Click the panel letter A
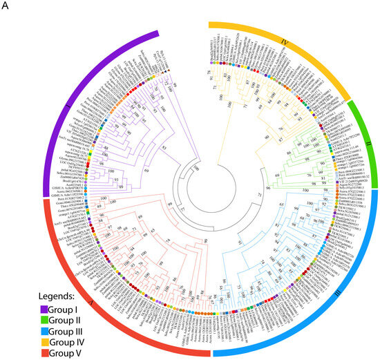tap(6, 6)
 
